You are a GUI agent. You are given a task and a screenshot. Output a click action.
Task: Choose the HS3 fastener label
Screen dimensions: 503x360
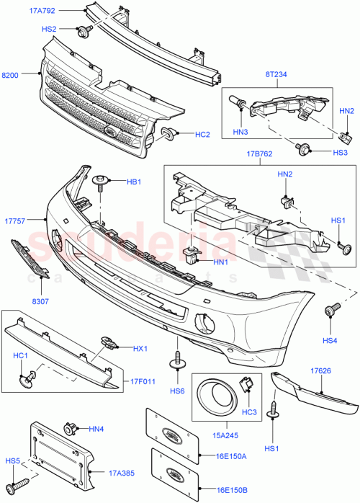click(x=321, y=152)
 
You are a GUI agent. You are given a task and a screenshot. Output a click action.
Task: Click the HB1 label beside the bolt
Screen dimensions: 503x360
click(x=134, y=182)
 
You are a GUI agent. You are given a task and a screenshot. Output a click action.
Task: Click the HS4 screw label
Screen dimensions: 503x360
click(x=330, y=340)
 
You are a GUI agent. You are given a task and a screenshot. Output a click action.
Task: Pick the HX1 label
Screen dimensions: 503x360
click(x=140, y=349)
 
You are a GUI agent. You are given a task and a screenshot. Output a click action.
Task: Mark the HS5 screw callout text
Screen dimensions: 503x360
click(x=13, y=460)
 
